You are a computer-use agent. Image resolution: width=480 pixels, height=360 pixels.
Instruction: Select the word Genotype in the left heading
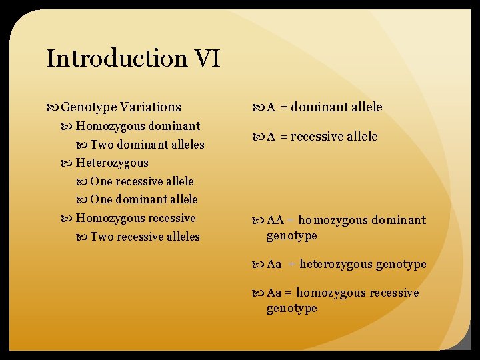pyautogui.click(x=89, y=107)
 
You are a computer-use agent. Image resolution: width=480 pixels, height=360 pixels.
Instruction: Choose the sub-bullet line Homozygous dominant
pyautogui.click(x=138, y=126)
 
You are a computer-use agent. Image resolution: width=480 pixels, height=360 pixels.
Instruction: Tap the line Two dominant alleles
pyautogui.click(x=147, y=145)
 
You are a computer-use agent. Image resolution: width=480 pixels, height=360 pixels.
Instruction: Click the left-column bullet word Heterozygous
pyautogui.click(x=112, y=163)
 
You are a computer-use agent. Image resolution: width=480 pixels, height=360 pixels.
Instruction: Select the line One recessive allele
pyautogui.click(x=142, y=181)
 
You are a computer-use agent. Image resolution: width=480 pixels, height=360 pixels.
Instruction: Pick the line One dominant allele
pyautogui.click(x=144, y=199)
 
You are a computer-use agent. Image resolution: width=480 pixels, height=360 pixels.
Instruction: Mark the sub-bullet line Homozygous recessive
pyautogui.click(x=136, y=218)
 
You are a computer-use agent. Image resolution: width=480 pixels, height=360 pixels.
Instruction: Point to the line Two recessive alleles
pyautogui.click(x=145, y=237)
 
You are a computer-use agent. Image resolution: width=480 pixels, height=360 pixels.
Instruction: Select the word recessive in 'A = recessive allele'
pyautogui.click(x=316, y=137)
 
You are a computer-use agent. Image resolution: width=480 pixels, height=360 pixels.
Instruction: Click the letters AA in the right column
pyautogui.click(x=275, y=220)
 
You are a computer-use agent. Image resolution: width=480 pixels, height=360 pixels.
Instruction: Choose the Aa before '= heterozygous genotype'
pyautogui.click(x=274, y=265)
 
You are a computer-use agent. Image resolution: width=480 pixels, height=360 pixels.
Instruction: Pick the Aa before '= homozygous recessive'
pyautogui.click(x=274, y=293)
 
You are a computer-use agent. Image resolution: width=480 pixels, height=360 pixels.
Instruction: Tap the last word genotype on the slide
pyautogui.click(x=291, y=308)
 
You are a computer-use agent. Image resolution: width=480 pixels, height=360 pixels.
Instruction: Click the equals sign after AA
pyautogui.click(x=291, y=220)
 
